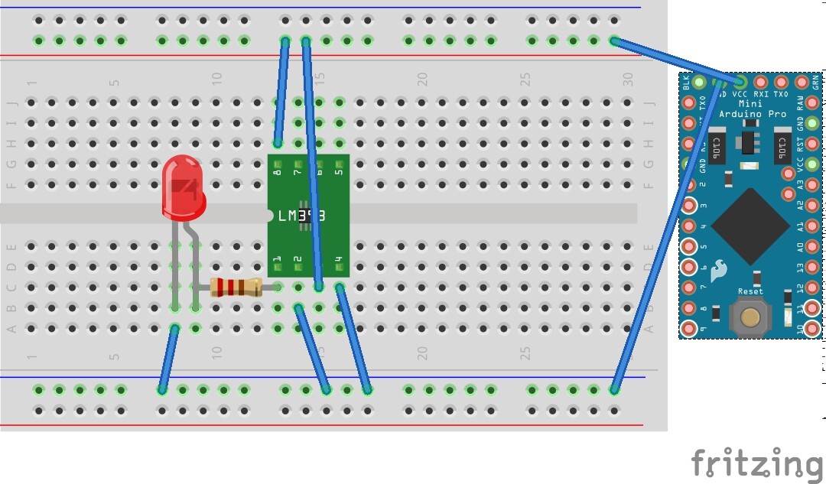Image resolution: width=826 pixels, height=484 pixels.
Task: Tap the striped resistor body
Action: point(235,287)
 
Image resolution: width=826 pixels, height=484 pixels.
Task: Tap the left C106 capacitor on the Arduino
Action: point(717,145)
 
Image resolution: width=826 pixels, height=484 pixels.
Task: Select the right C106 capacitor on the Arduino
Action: point(782,145)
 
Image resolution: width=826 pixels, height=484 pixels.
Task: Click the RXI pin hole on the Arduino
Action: point(760,82)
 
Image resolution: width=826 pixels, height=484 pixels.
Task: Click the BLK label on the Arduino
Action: point(686,81)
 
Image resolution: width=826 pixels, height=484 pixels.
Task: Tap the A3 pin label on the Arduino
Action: point(801,184)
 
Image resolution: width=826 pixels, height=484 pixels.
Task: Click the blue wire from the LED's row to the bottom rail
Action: point(168,359)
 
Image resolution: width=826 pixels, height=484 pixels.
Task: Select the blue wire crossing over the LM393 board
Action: point(311,161)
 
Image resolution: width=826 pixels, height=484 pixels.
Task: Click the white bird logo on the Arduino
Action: point(718,270)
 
